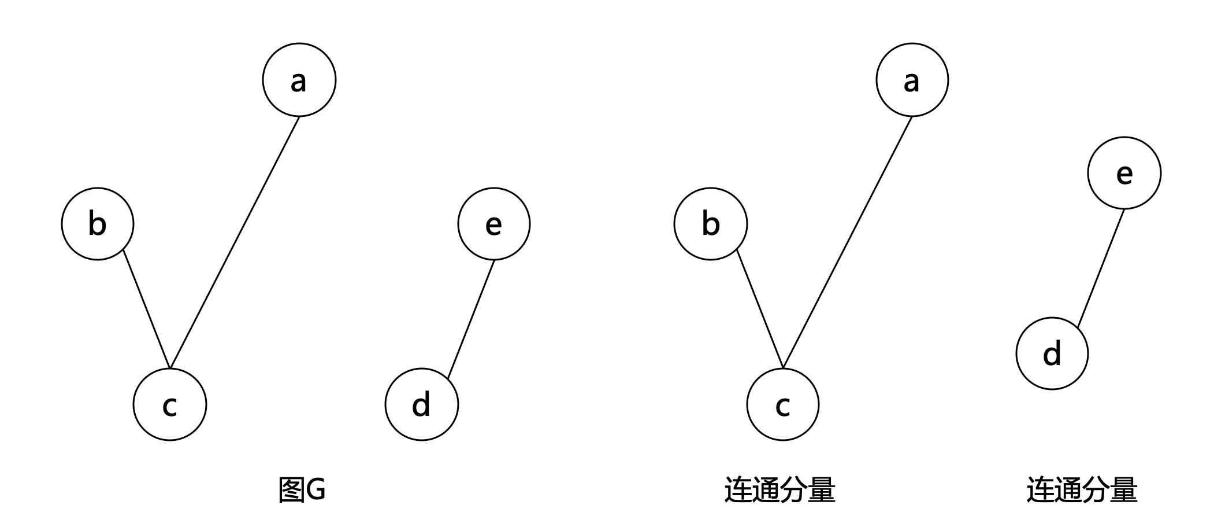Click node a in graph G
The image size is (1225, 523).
[299, 80]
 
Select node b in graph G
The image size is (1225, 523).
[98, 224]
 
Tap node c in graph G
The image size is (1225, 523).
[169, 404]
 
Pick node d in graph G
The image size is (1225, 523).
[421, 404]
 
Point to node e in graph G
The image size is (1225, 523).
[493, 224]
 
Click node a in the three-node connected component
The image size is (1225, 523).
[912, 80]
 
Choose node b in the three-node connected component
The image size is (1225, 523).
[710, 224]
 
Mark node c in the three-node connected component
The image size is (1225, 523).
[782, 404]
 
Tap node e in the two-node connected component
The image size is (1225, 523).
[1124, 173]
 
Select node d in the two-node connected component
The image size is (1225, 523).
[1052, 353]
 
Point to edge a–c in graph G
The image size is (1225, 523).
[235, 242]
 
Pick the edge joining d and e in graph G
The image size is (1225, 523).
[471, 319]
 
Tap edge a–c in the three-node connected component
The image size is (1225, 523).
[847, 242]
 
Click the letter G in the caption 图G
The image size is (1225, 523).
[315, 489]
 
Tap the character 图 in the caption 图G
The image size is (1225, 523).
[291, 489]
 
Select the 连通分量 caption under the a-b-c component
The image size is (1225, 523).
[779, 489]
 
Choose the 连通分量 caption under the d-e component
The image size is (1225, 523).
[1082, 489]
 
